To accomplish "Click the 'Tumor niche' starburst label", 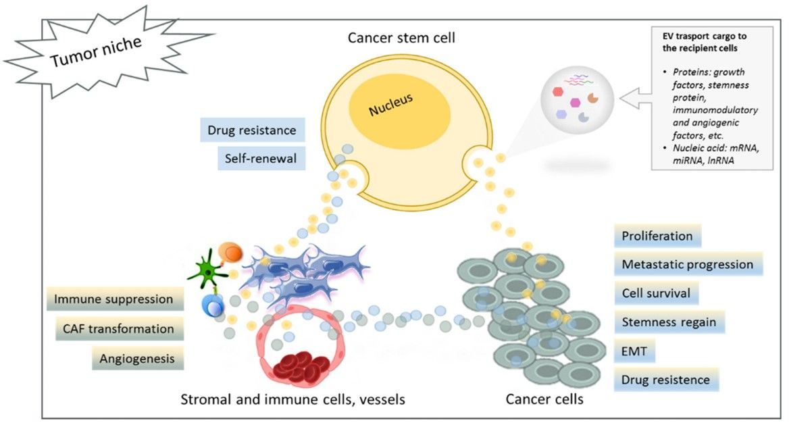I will click(95, 52).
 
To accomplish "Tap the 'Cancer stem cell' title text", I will click(401, 38).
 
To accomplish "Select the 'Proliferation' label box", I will click(658, 236).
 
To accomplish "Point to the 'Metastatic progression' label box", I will click(688, 264).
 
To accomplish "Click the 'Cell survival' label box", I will click(656, 294).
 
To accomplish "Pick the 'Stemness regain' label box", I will click(669, 322).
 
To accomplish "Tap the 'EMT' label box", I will click(634, 351).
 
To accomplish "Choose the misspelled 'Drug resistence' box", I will click(666, 380).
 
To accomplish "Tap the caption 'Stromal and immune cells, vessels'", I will click(292, 399).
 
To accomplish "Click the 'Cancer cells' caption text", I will click(544, 399).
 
